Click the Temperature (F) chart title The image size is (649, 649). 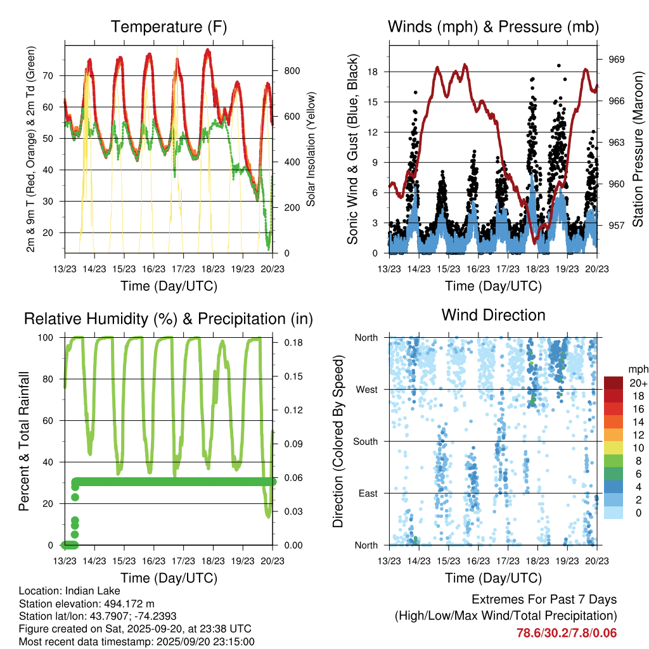[x=169, y=27]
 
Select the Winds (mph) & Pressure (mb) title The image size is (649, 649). [x=493, y=27]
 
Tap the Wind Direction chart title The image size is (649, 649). [x=493, y=314]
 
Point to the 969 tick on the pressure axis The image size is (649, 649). [x=617, y=59]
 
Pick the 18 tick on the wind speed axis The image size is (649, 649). [x=373, y=72]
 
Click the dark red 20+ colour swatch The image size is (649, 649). [x=614, y=383]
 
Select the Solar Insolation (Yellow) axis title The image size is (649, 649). [x=311, y=149]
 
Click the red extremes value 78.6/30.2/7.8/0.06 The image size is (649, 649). [x=566, y=633]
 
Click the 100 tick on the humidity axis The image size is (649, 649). [x=49, y=337]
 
